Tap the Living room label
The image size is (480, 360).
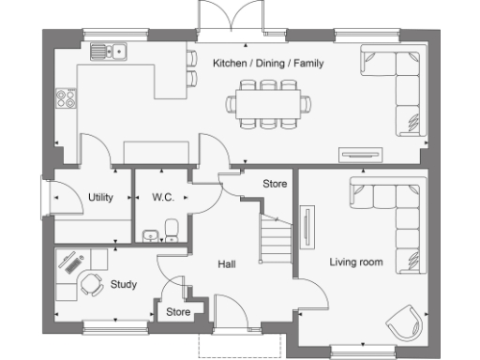pyautogui.click(x=355, y=262)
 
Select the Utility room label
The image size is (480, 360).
pyautogui.click(x=100, y=198)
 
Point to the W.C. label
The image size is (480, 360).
pyautogui.click(x=164, y=198)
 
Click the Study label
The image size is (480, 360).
pyautogui.click(x=124, y=284)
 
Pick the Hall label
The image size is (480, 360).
pyautogui.click(x=226, y=264)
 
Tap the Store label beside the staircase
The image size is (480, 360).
pyautogui.click(x=274, y=184)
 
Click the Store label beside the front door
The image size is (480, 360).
pyautogui.click(x=178, y=312)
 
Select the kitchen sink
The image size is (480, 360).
pyautogui.click(x=109, y=52)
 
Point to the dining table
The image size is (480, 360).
pyautogui.click(x=268, y=102)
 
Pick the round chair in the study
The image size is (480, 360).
pyautogui.click(x=91, y=284)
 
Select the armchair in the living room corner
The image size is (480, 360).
pyautogui.click(x=403, y=321)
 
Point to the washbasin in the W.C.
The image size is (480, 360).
pyautogui.click(x=148, y=234)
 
